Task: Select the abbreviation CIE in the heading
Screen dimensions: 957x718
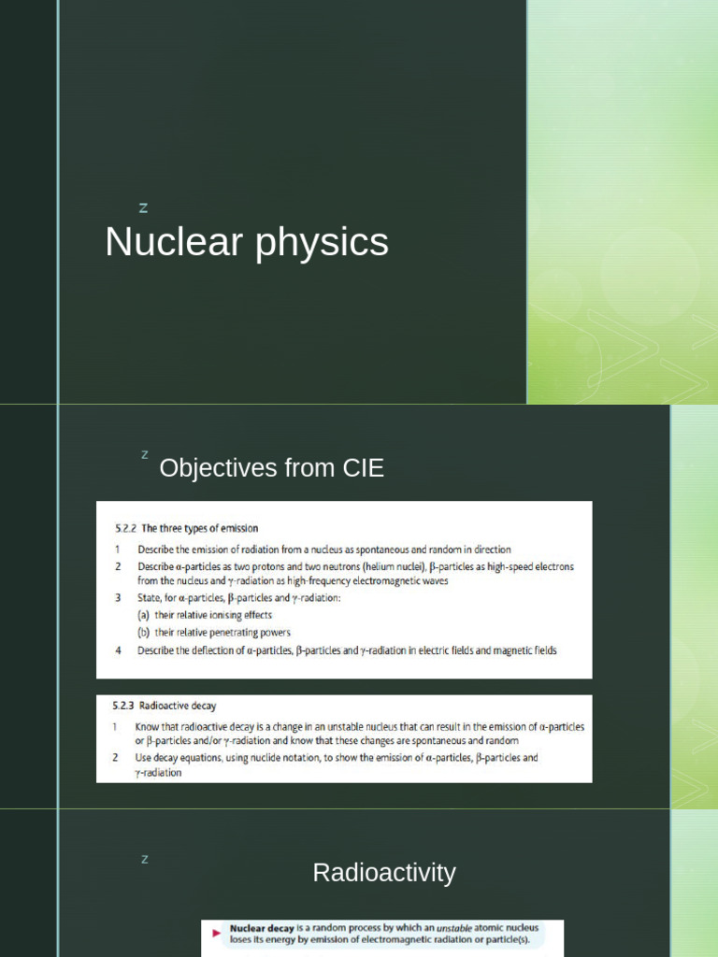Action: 362,468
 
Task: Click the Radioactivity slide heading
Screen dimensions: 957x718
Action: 384,873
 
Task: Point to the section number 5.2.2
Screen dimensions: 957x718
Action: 114,528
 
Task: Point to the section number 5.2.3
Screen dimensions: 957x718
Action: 115,706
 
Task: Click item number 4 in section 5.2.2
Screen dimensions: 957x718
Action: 118,650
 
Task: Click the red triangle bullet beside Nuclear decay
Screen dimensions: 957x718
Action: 216,933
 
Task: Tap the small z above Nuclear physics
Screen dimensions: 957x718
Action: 143,207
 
